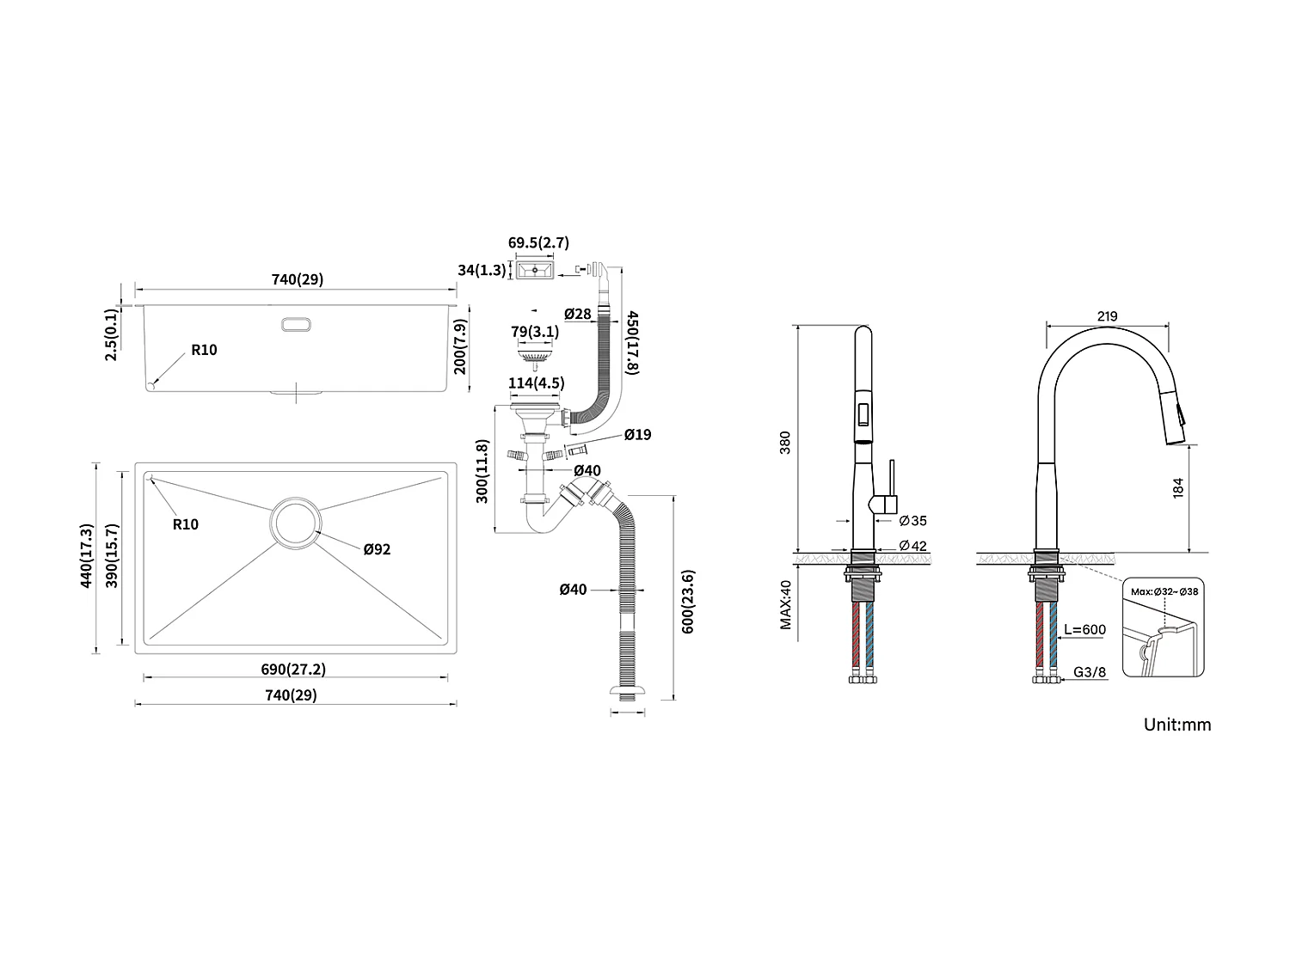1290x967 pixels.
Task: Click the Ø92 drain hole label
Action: click(377, 548)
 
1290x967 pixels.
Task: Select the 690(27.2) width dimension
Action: click(294, 669)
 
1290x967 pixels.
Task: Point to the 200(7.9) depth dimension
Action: click(460, 346)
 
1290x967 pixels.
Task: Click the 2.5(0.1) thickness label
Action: click(111, 335)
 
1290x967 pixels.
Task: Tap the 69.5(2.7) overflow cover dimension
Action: click(538, 243)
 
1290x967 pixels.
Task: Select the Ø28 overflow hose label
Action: click(578, 314)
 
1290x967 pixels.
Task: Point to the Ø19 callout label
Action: click(637, 435)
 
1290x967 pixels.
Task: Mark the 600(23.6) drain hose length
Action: click(688, 602)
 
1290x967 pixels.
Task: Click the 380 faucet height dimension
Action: click(784, 443)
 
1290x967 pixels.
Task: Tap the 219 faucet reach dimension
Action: click(1108, 316)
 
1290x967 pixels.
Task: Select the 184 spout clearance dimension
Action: click(1178, 487)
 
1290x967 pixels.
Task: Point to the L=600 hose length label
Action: click(1084, 629)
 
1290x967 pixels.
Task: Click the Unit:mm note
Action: click(1176, 725)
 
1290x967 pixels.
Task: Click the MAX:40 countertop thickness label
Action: click(785, 605)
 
